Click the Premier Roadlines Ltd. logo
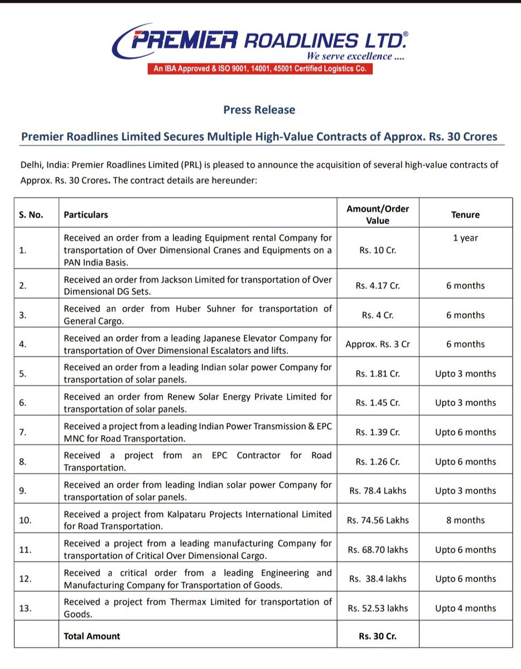260,41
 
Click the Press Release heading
259,110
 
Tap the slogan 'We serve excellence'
355,56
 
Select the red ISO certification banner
259,69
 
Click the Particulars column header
86,215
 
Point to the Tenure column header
466,215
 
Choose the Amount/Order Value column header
378,215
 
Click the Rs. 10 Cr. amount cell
378,250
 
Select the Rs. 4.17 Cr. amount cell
378,285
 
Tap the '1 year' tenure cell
465,238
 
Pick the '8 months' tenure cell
465,520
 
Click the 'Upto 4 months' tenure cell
465,608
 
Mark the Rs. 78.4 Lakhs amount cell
378,491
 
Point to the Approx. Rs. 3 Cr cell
378,344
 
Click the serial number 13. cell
26,608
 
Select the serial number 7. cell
23,432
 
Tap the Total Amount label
92,636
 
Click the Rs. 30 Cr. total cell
378,636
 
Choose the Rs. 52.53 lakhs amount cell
378,608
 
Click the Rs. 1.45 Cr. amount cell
378,403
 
